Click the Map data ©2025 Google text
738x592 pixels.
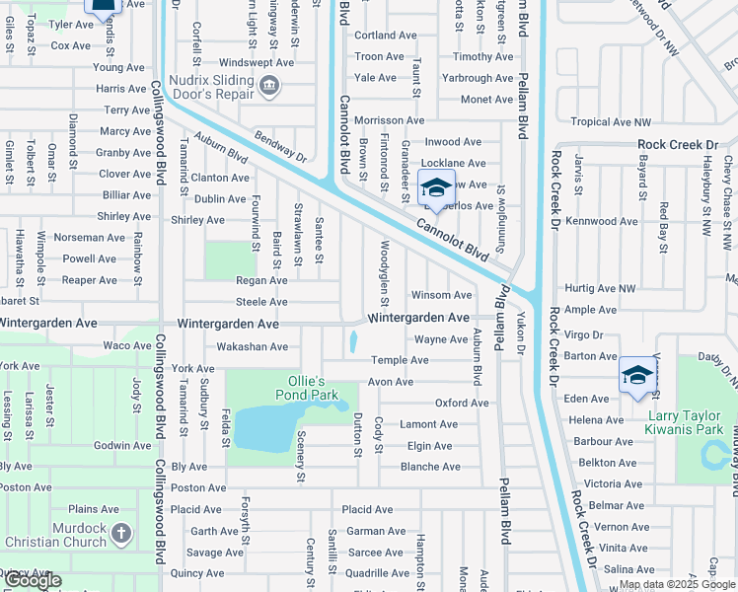(x=677, y=584)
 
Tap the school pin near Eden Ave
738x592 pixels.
(x=637, y=375)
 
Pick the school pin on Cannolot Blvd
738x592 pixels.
(x=435, y=187)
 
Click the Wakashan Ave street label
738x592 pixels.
(x=252, y=346)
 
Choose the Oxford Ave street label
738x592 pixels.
(x=462, y=403)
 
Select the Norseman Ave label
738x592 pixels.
(x=90, y=238)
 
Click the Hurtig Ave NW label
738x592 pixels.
(x=599, y=288)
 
